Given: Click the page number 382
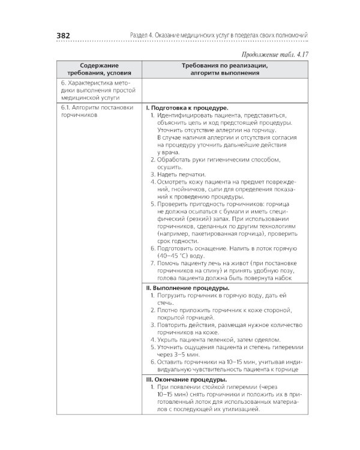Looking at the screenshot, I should click(63, 35).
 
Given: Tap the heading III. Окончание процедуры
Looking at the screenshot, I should click(187, 380).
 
